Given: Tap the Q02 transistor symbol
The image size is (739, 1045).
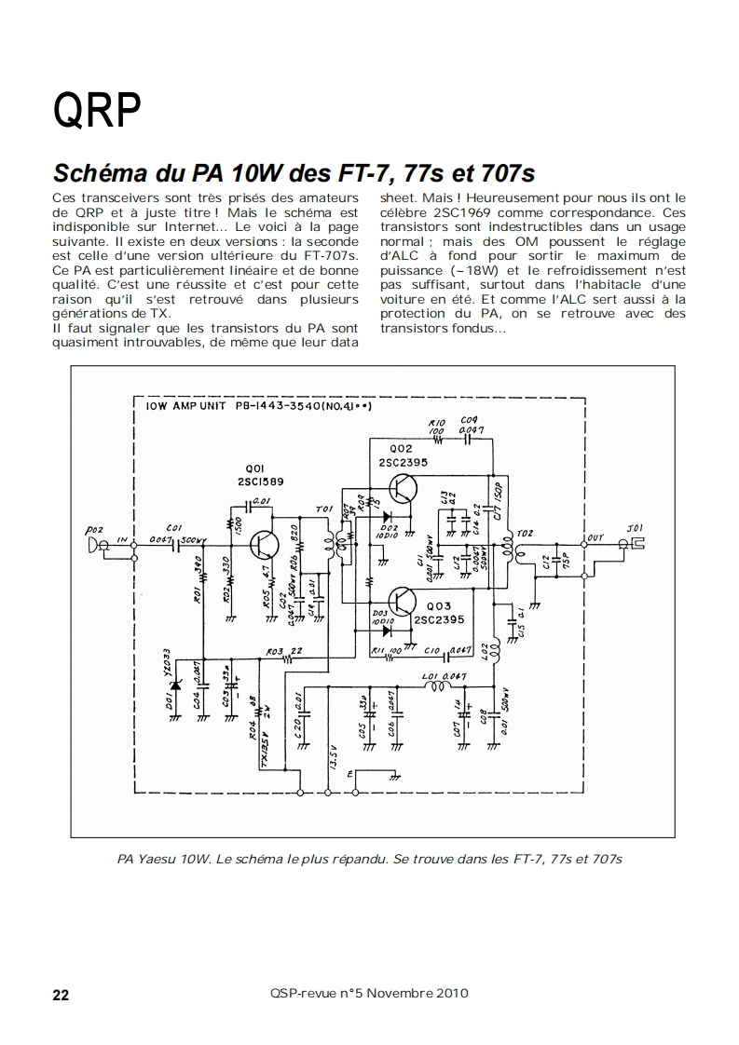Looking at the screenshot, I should (x=403, y=487).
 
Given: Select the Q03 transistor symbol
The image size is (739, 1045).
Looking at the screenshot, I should (x=403, y=602).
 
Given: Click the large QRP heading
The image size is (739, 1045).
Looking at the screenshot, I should (x=97, y=112).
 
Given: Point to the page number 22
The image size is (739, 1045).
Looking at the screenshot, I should (x=60, y=995).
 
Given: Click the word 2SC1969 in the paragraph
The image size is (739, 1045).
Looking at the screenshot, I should (x=466, y=212).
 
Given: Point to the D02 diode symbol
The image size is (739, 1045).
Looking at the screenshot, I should (x=385, y=515).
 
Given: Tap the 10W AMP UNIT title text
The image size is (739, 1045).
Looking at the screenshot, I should (x=185, y=407).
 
